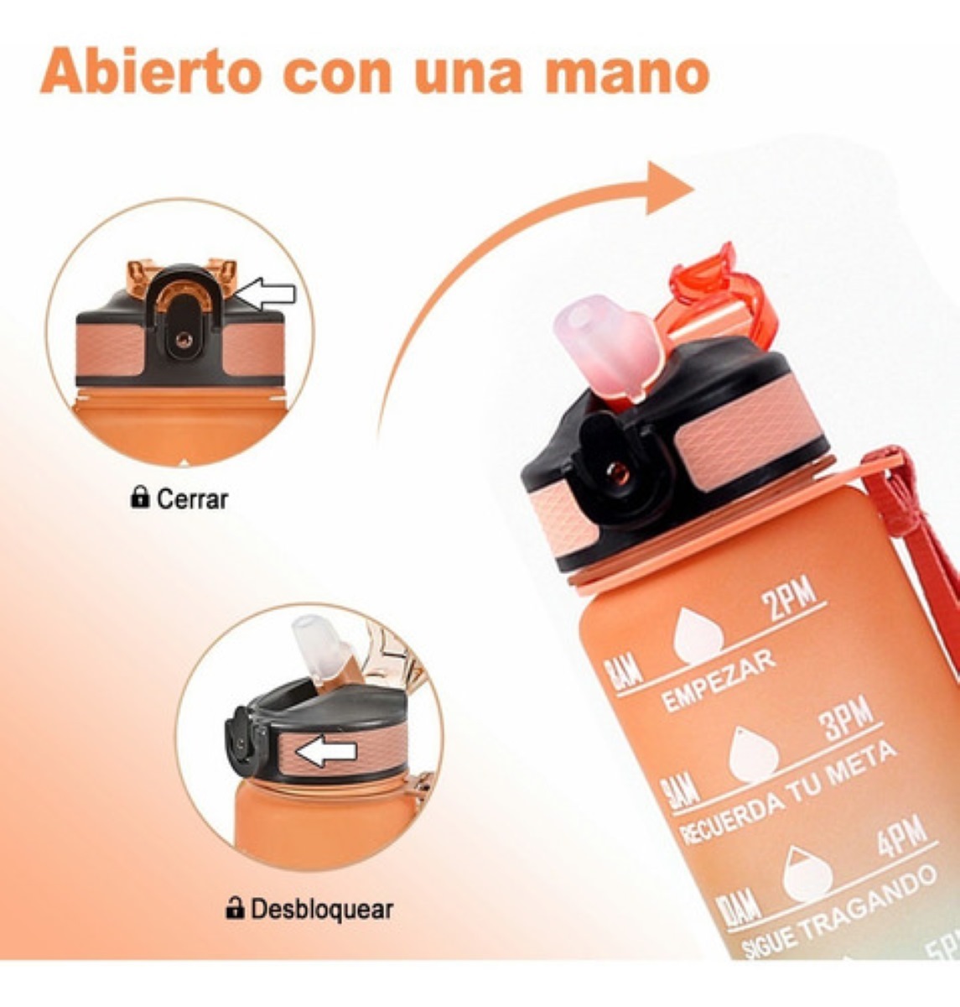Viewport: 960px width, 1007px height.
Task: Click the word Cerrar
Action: coord(192,499)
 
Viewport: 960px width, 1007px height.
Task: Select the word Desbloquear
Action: coord(321,908)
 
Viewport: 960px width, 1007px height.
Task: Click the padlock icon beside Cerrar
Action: coord(140,498)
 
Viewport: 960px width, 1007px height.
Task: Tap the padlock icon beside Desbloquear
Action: coord(236,907)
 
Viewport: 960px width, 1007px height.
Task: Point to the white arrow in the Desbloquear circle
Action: coord(326,753)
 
